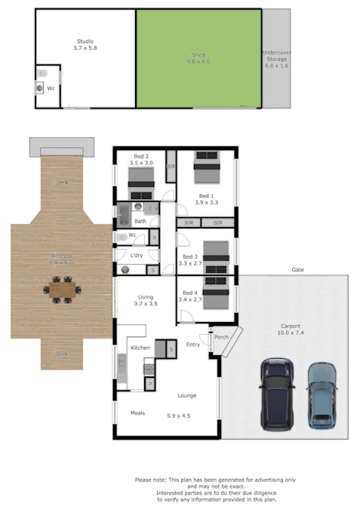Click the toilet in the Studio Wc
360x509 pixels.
pos(42,74)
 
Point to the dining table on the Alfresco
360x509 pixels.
pos(63,289)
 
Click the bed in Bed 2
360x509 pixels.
pos(140,182)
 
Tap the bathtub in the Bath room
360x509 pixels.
pos(124,215)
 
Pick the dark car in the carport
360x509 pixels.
pos(277,391)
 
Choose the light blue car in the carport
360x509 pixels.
pos(321,394)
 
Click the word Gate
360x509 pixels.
pos(298,269)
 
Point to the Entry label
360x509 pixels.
pos(193,345)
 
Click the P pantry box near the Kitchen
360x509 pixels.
pos(149,384)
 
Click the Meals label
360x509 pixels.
pos(137,412)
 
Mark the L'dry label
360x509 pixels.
pos(137,256)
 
